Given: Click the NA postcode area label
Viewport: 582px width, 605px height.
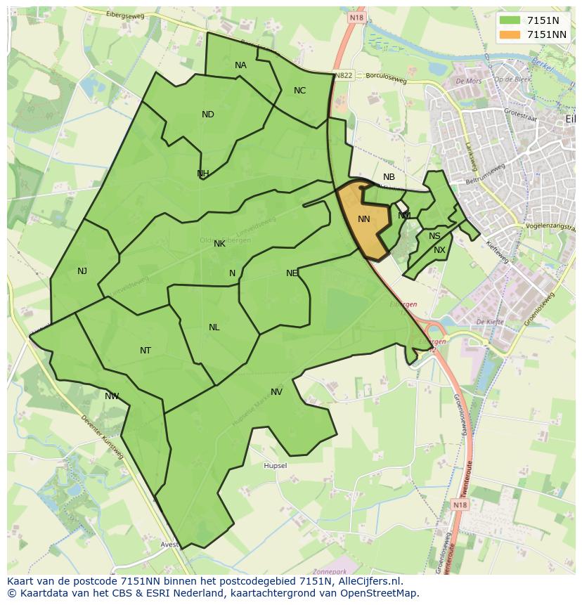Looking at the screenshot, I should pyautogui.click(x=240, y=65).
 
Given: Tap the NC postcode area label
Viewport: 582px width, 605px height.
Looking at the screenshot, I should pyautogui.click(x=299, y=91).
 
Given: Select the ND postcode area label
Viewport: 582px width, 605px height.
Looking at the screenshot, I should pyautogui.click(x=208, y=115).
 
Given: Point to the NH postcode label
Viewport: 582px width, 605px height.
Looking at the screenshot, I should pyautogui.click(x=202, y=174).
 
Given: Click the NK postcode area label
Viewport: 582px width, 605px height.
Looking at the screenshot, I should pyautogui.click(x=219, y=244).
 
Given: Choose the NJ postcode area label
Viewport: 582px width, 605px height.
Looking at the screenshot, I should pyautogui.click(x=82, y=271).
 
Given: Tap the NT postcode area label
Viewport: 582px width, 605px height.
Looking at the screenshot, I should pyautogui.click(x=145, y=351).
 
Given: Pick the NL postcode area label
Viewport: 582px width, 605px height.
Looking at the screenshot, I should pyautogui.click(x=214, y=327).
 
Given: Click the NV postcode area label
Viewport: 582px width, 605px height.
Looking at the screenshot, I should pyautogui.click(x=276, y=392).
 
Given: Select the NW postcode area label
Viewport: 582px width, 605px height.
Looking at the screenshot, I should pyautogui.click(x=112, y=396).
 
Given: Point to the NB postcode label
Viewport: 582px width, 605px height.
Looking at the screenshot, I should pyautogui.click(x=389, y=177).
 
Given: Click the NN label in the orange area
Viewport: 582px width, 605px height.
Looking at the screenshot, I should pyautogui.click(x=363, y=219).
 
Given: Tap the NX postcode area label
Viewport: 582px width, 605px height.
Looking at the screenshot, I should pyautogui.click(x=439, y=250).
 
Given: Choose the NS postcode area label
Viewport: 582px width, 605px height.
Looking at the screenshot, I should pyautogui.click(x=434, y=237).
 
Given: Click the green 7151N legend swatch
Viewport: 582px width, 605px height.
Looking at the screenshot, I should pyautogui.click(x=510, y=20).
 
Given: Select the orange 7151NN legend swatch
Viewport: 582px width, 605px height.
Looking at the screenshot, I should pyautogui.click(x=510, y=34).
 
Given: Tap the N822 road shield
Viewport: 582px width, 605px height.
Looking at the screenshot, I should pyautogui.click(x=343, y=75).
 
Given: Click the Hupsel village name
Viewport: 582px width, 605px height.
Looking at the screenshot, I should pyautogui.click(x=275, y=466).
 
